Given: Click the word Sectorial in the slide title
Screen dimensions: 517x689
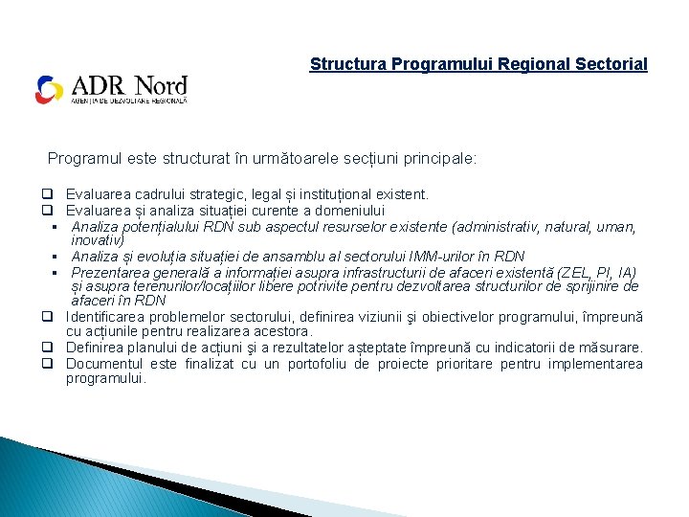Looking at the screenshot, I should [612, 64].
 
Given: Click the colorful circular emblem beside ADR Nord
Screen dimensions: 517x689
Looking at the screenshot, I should [50, 90].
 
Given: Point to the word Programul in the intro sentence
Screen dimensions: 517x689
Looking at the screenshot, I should [84, 158].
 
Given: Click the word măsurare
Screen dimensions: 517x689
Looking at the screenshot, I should [613, 348].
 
